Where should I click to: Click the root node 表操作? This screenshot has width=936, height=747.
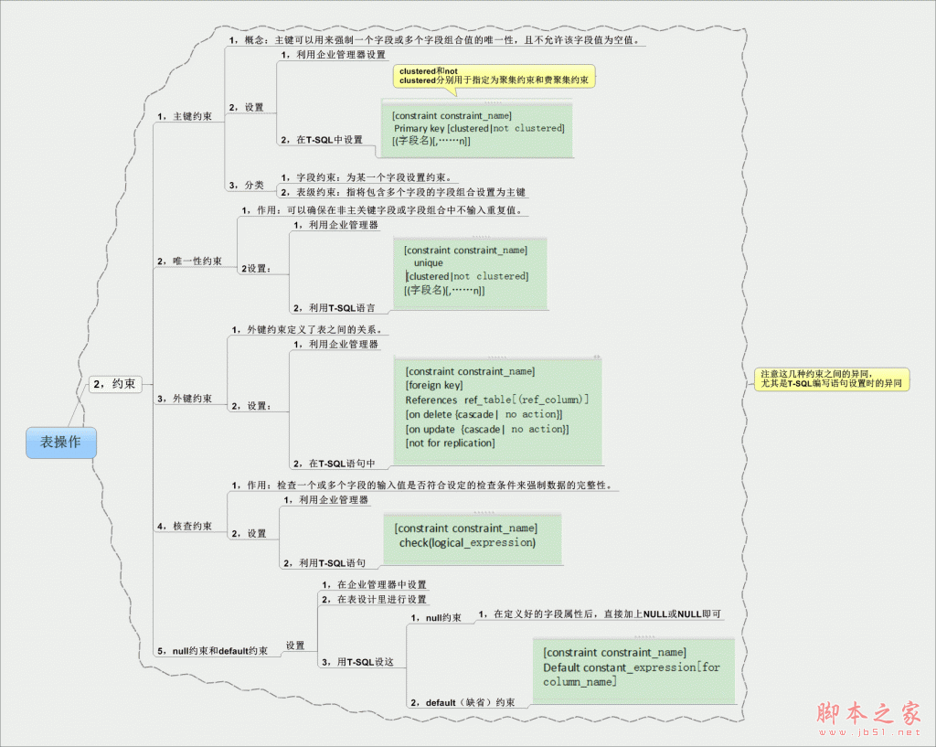coord(60,442)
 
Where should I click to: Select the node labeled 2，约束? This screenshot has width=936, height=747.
coord(114,384)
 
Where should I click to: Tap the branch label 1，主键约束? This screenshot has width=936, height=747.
coord(186,117)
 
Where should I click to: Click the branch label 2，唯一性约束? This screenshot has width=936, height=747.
coord(190,261)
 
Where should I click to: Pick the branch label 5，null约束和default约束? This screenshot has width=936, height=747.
coord(213,651)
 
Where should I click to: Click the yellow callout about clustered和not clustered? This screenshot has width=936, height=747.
coord(495,76)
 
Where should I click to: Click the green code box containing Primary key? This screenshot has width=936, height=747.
coord(478,128)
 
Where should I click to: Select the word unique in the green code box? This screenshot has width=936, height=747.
coord(429,262)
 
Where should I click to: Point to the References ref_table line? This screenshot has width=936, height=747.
coord(497,400)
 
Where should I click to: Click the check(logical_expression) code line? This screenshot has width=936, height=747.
coord(467,542)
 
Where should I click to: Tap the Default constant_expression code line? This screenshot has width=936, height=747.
coord(631,667)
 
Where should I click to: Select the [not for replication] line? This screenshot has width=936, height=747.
coord(450,443)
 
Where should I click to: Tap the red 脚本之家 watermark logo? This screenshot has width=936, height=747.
coord(867,713)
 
